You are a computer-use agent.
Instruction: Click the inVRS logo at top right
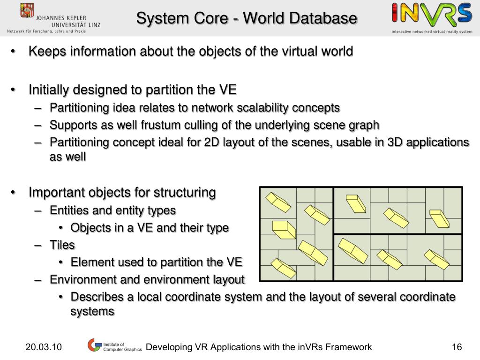[x=432, y=14]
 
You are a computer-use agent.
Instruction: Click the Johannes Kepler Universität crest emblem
[x=27, y=10]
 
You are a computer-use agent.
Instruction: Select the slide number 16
[x=457, y=347]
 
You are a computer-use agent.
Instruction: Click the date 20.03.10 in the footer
[x=44, y=347]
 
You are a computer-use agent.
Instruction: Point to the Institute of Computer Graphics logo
[x=114, y=346]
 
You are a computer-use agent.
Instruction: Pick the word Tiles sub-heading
[x=62, y=245]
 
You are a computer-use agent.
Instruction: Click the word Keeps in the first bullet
[x=47, y=51]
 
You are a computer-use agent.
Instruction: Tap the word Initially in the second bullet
[x=52, y=89]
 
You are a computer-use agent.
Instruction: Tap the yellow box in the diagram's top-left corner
[x=278, y=202]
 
